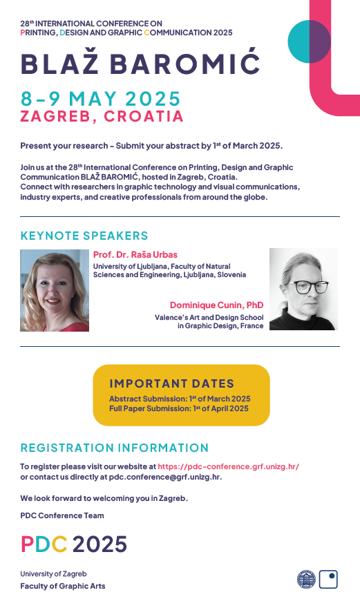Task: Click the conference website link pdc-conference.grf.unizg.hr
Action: point(228,466)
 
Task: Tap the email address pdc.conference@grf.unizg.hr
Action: point(164,477)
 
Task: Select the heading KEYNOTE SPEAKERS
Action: point(84,236)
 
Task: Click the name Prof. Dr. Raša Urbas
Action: point(135,255)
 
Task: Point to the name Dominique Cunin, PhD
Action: point(216,305)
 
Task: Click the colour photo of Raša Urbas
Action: point(55,290)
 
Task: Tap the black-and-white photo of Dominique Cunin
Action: point(303,289)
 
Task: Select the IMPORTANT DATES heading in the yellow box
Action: point(171,383)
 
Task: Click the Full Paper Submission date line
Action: point(179,408)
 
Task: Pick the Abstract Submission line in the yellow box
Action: point(180,399)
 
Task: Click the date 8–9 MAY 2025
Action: point(100,99)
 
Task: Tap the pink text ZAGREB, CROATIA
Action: point(102,116)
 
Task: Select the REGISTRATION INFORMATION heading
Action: point(115,448)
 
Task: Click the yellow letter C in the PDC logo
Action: point(59,544)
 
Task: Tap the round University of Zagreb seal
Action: point(307,579)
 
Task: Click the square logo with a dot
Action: point(328,579)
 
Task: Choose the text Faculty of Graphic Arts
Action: point(63,586)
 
